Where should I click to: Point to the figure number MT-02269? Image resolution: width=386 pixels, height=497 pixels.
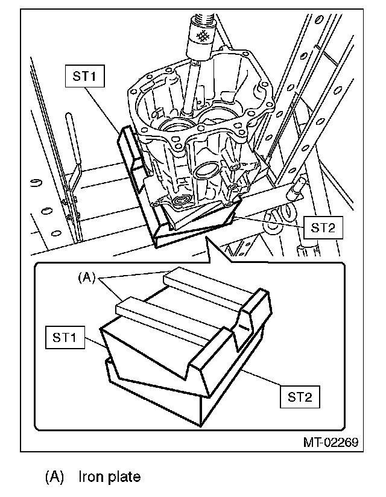330,442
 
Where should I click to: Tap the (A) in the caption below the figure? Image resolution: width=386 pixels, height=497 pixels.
54,477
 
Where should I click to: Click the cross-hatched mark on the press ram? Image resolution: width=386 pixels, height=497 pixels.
203,36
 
